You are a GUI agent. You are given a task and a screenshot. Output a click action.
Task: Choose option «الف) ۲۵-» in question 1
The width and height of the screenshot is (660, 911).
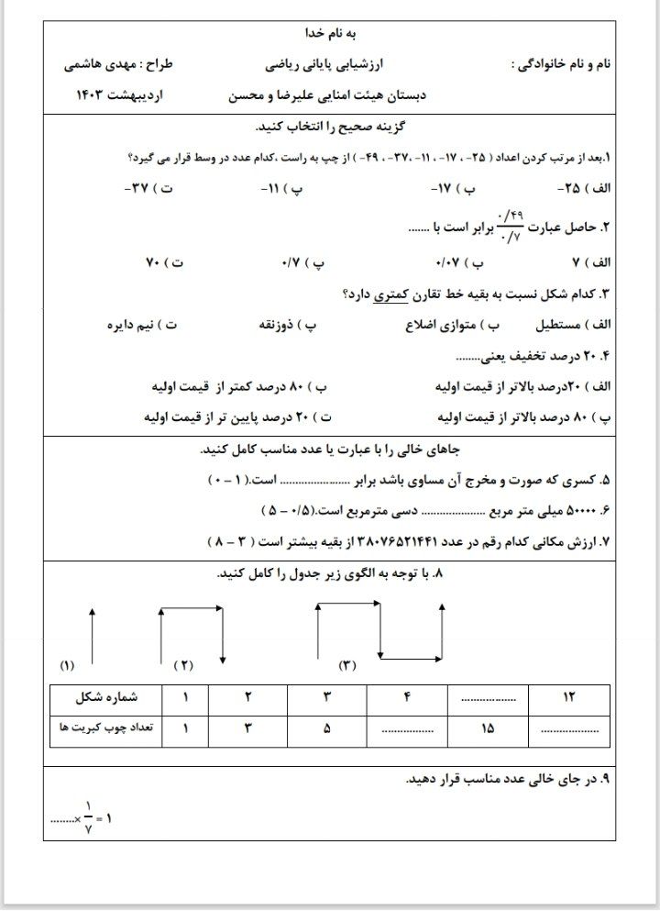pyautogui.click(x=583, y=187)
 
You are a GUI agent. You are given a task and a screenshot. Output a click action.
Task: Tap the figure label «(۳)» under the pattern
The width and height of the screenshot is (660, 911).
pyautogui.click(x=347, y=664)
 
